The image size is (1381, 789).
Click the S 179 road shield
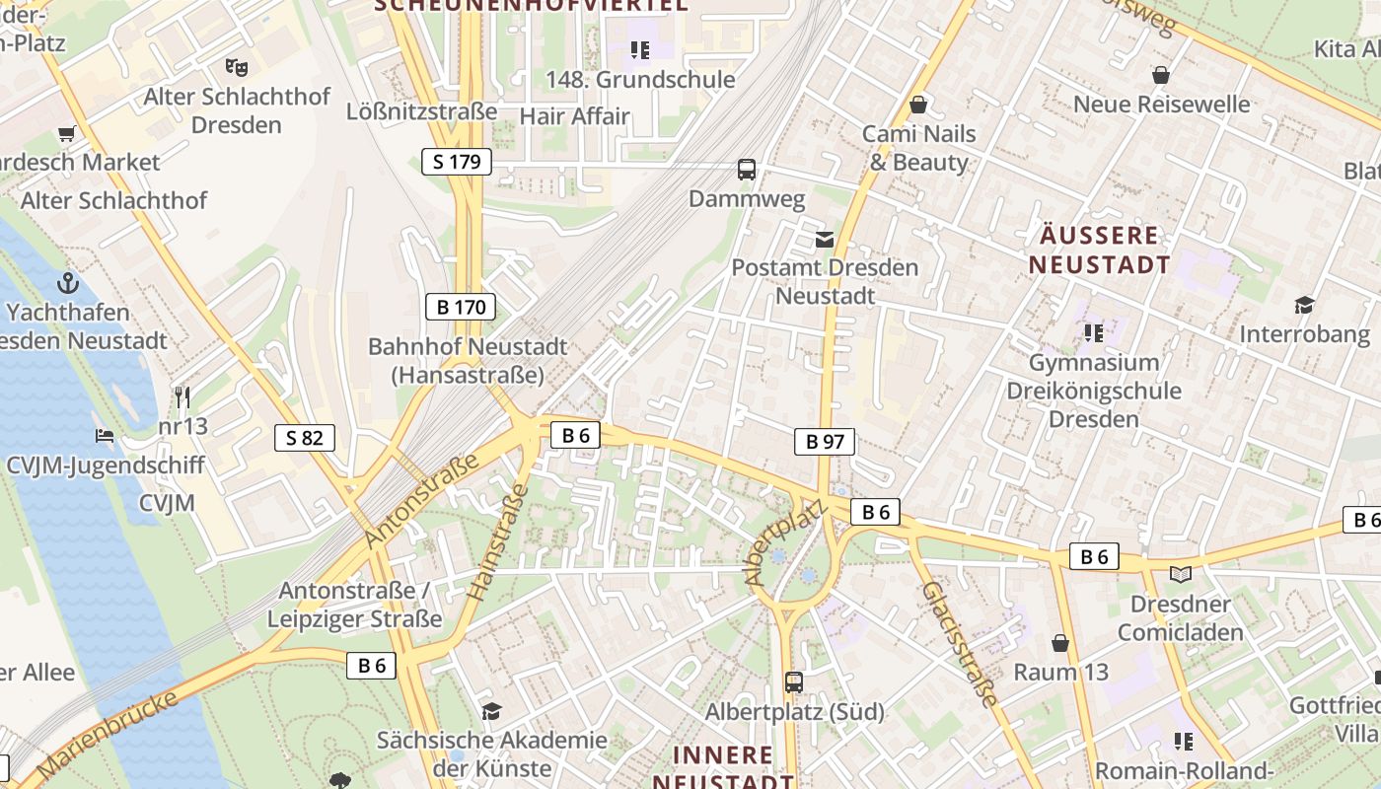point(457,162)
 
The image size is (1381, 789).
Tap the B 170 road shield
point(461,307)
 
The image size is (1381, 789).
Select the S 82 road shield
point(305,438)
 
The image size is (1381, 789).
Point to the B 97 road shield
point(825,442)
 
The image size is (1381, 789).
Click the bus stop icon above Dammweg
point(747,170)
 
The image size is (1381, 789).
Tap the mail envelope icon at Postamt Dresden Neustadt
point(825,240)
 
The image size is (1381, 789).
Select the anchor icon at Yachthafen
point(67,284)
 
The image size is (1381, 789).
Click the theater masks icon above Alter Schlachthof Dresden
point(235,67)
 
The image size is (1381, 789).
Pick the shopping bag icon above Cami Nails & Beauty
point(918,105)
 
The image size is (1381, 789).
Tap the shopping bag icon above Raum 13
point(1060,644)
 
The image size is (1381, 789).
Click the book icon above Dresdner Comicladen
point(1180,574)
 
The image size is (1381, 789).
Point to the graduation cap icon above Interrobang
point(1304,305)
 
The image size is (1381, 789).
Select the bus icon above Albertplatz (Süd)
point(794,681)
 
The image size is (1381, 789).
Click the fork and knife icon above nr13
point(182,397)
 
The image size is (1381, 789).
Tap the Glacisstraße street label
point(959,643)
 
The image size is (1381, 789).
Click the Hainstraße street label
point(498,542)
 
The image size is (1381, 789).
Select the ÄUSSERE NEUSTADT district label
point(1099,250)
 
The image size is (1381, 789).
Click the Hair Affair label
point(574,115)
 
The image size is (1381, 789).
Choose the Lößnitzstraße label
point(421,111)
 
